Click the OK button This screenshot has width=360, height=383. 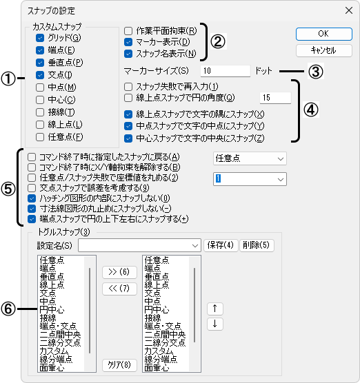324,34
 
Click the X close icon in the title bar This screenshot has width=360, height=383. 349,10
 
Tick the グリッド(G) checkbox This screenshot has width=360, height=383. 40,38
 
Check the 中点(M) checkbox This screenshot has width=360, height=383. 40,87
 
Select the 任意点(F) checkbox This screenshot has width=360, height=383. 40,137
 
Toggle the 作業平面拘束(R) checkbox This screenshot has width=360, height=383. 128,31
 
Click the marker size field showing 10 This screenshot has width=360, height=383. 226,71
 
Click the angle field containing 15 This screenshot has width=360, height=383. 275,98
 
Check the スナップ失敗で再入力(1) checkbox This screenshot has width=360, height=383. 128,87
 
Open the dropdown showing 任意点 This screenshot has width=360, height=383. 250,158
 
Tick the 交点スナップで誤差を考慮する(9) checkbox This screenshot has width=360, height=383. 32,188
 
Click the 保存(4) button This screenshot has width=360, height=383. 221,245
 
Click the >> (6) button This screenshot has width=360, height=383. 119,272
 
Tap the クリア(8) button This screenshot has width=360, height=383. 119,365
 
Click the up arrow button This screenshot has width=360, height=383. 215,309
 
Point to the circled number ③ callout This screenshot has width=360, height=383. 315,72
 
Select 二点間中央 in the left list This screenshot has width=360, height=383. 60,334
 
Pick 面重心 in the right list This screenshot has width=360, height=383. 157,368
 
